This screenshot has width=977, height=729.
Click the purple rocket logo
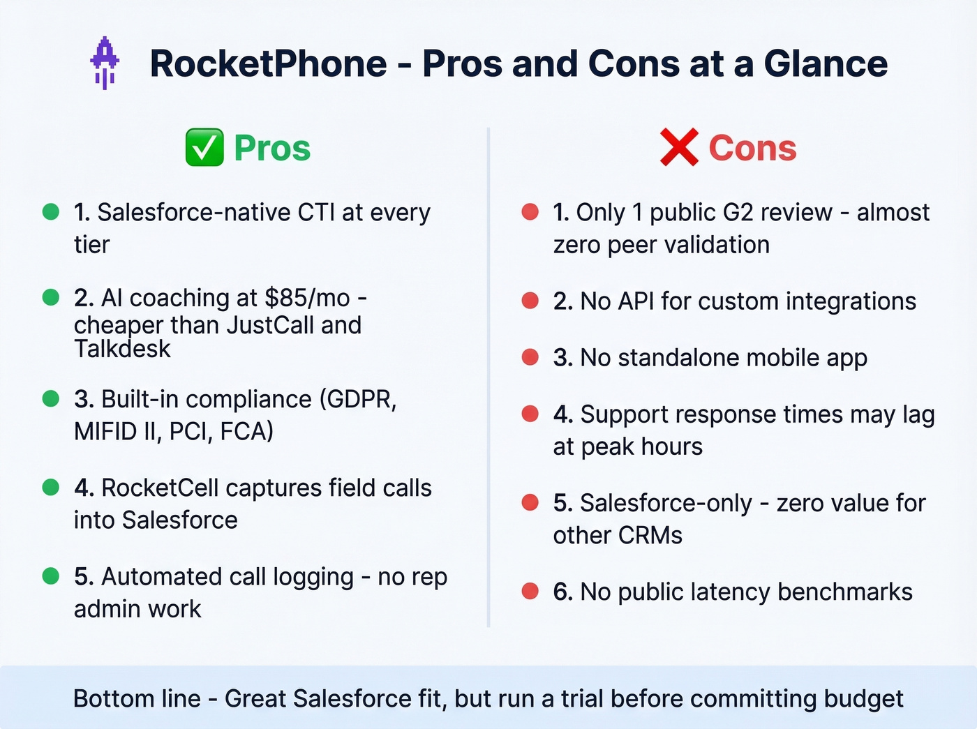pyautogui.click(x=105, y=62)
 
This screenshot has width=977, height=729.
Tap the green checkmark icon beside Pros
pyautogui.click(x=204, y=147)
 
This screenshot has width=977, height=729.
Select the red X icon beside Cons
pyautogui.click(x=678, y=147)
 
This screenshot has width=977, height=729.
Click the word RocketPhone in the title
pyautogui.click(x=268, y=63)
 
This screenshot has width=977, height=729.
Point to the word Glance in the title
pyautogui.click(x=826, y=63)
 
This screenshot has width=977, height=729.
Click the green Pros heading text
pyautogui.click(x=272, y=148)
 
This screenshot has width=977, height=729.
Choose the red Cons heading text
pyautogui.click(x=752, y=148)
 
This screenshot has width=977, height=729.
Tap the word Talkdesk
pyautogui.click(x=122, y=349)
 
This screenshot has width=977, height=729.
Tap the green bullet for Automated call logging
pyautogui.click(x=51, y=576)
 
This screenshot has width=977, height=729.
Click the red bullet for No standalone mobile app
pyautogui.click(x=530, y=357)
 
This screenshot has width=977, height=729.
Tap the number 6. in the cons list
pyautogui.click(x=562, y=592)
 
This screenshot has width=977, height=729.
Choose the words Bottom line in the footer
pyautogui.click(x=137, y=698)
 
